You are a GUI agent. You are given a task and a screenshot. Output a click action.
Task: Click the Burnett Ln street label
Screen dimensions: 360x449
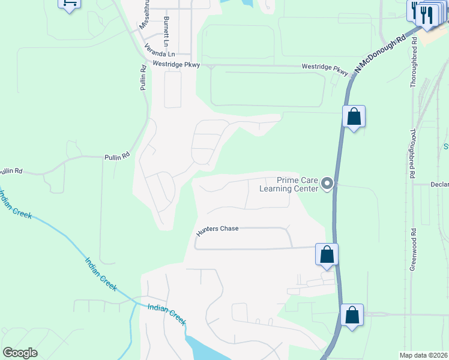pos(165,28)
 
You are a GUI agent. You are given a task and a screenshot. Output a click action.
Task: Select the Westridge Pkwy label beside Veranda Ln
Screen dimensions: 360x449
pos(176,64)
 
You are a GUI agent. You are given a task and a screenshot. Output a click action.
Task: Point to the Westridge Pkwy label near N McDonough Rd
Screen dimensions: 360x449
pos(325,70)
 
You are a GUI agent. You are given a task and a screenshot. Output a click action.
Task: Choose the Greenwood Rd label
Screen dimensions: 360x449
pos(414,249)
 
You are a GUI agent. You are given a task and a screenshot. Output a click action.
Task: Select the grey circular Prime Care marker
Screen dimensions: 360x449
pos(327,184)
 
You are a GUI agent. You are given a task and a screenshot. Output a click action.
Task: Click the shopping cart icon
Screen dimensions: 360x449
pos(70,4)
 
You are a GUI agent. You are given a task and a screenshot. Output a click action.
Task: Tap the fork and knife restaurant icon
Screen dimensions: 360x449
pos(427,15)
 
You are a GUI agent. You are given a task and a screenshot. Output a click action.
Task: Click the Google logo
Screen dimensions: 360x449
pos(20,353)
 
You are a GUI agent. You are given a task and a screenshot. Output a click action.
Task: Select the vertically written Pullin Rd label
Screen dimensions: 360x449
pos(143,78)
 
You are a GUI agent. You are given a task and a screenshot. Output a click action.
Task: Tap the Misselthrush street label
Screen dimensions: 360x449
pos(144,15)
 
